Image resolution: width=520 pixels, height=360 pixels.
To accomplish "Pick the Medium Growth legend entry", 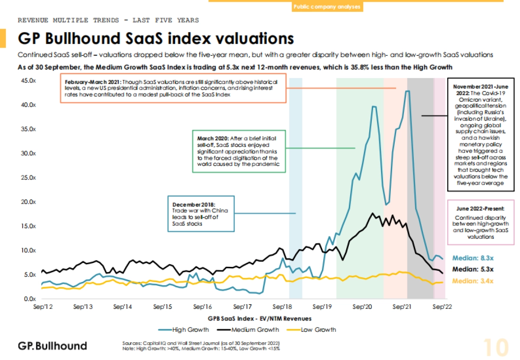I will coord(253,329).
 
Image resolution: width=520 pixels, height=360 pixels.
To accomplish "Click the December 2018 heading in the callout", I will coord(194,204).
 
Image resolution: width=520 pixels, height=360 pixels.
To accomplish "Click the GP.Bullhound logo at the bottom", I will coord(52,346).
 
